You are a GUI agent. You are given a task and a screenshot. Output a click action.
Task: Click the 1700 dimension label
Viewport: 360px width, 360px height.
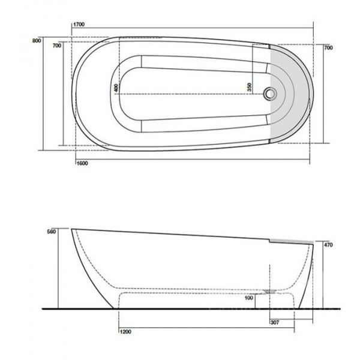[x=79, y=25]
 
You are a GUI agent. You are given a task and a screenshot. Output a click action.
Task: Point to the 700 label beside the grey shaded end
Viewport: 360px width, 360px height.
[x=328, y=47]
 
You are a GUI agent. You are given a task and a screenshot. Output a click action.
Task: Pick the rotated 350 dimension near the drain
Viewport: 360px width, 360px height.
[x=248, y=88]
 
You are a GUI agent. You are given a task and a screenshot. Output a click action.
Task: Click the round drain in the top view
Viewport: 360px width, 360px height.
[x=271, y=94]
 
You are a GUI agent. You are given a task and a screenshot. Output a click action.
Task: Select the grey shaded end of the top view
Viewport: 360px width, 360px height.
[x=291, y=93]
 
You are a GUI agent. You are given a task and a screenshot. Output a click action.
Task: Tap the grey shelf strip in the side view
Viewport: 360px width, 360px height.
[x=291, y=241]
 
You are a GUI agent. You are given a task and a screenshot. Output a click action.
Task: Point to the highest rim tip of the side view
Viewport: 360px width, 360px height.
[x=73, y=229]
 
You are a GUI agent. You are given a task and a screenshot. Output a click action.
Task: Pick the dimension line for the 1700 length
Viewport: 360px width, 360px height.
[x=192, y=29]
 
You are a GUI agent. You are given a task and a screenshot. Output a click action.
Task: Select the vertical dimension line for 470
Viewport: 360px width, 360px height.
[x=323, y=273]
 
